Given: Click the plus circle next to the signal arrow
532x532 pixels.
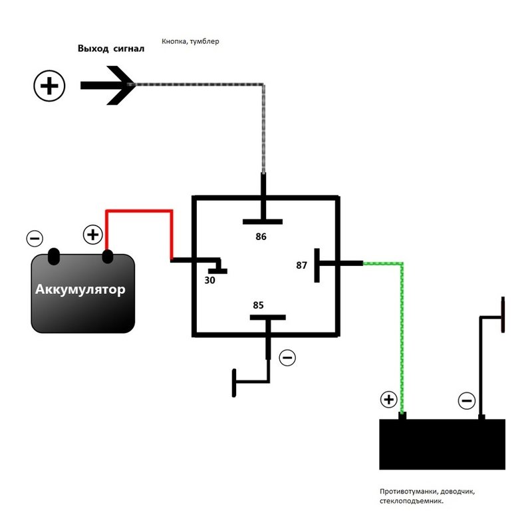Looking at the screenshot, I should pos(49,86).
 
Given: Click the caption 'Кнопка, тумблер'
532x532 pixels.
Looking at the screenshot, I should pos(190,41).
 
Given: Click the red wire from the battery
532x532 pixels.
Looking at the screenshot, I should pos(140,211).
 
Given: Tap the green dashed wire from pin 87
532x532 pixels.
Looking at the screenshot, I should pos(401,332).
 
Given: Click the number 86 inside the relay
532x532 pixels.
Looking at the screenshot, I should pos(261,236).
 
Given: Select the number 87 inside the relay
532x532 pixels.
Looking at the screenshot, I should pos(302,265).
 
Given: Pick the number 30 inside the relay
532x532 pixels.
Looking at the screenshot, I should pos(210,281).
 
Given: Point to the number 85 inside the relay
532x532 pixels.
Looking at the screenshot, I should pos(258,305).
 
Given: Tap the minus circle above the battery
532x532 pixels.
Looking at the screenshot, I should pos(35,238).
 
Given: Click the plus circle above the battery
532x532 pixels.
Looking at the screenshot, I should pos(92,235).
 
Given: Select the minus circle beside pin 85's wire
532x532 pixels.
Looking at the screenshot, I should pos(287,358).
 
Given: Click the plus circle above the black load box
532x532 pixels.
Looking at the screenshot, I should pos(388,400).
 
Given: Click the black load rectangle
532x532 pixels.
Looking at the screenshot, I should pos(442,444).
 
